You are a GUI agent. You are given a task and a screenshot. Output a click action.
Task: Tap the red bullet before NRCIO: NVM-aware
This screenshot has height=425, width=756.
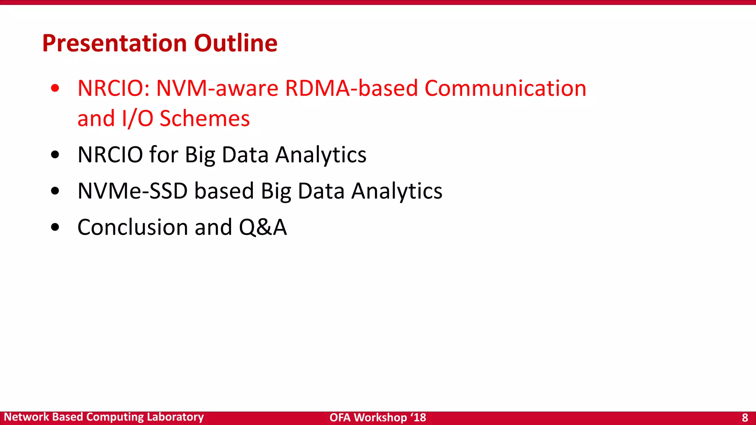click(55, 88)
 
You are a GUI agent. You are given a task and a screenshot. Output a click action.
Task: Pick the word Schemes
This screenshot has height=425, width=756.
click(205, 119)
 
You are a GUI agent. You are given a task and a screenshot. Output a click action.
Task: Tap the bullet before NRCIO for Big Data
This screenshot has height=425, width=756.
click(55, 155)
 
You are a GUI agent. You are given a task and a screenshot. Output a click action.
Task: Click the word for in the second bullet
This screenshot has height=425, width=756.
click(164, 155)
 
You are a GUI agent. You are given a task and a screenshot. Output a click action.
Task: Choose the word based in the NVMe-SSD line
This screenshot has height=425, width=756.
click(224, 191)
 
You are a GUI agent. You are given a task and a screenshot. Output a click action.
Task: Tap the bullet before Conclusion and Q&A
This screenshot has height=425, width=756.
click(55, 227)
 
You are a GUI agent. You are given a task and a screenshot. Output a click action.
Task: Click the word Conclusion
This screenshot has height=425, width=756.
click(133, 227)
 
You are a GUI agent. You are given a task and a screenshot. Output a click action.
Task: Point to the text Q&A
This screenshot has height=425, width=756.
click(262, 227)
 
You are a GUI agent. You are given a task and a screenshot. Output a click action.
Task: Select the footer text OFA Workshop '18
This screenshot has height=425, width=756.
click(378, 418)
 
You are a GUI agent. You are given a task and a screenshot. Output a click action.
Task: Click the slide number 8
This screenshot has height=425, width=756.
click(745, 418)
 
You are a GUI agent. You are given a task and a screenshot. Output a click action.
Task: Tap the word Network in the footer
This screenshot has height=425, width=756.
click(26, 417)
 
